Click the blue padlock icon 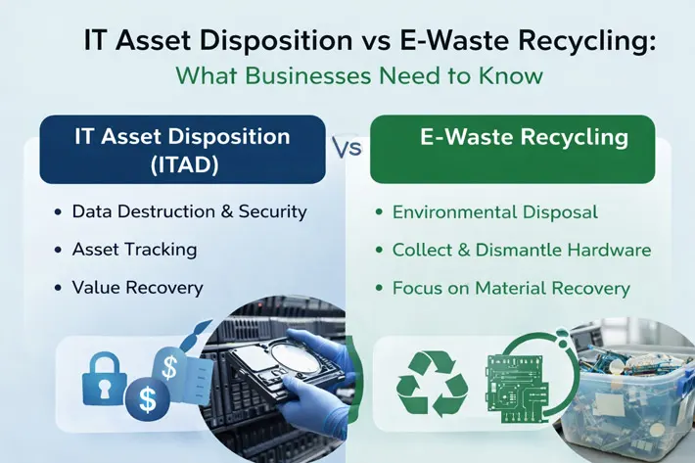[x=105, y=380]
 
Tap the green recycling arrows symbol [x=432, y=384]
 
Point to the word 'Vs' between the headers [x=347, y=149]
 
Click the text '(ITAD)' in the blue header [x=184, y=165]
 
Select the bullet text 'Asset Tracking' [x=135, y=250]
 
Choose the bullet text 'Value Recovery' [x=137, y=288]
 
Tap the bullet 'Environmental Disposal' [x=495, y=212]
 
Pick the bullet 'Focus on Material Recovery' [x=511, y=289]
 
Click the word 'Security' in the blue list [x=272, y=211]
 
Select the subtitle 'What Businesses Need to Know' [x=359, y=75]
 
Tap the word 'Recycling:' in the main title [x=586, y=41]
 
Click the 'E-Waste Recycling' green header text [x=524, y=137]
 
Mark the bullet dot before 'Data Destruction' [x=58, y=212]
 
